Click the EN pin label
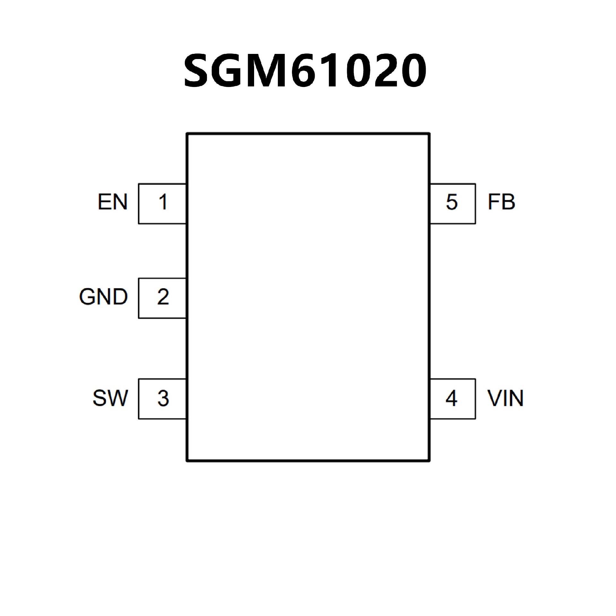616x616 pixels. point(112,202)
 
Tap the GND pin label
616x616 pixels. point(103,297)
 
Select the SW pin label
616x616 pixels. point(110,398)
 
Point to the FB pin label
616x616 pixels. point(501,202)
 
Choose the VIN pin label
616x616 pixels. point(505,398)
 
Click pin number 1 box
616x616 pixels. point(162,203)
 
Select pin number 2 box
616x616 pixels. point(162,298)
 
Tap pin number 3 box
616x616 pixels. point(162,399)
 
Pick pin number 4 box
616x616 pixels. point(452,399)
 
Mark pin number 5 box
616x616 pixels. point(452,203)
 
